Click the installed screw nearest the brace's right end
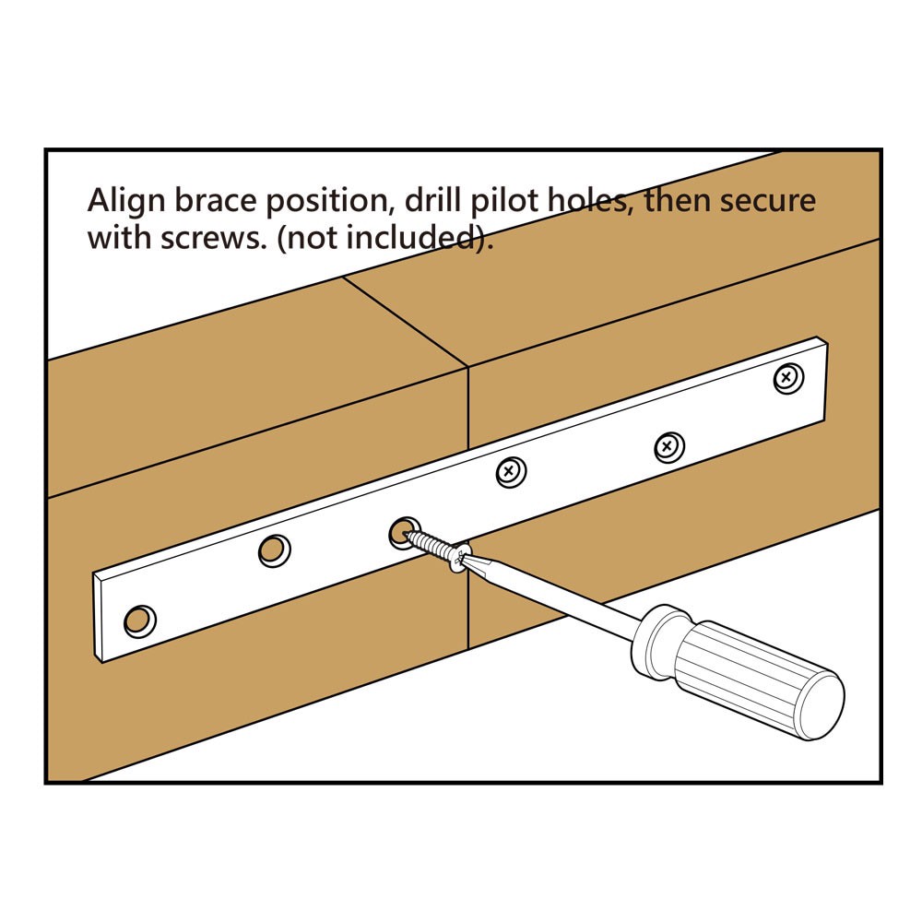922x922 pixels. pyautogui.click(x=786, y=377)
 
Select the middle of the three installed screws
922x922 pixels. pyautogui.click(x=668, y=447)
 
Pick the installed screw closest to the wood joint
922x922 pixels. pyautogui.click(x=510, y=473)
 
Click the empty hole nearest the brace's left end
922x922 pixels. pyautogui.click(x=139, y=621)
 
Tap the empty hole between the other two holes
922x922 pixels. pyautogui.click(x=273, y=550)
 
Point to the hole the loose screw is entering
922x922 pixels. pyautogui.click(x=400, y=532)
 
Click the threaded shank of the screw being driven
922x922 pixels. pyautogui.click(x=430, y=546)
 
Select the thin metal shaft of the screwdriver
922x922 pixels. pyautogui.click(x=553, y=599)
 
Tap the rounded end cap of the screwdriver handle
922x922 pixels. pyautogui.click(x=820, y=704)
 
